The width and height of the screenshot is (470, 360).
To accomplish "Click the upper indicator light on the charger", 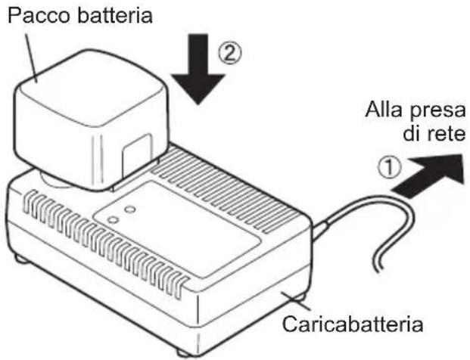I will coord(129,208).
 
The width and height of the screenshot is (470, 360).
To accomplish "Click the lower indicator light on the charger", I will coord(112,220).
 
